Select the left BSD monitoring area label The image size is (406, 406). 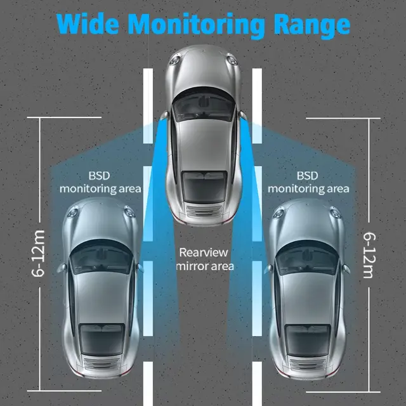click(100, 181)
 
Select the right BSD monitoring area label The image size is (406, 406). click(308, 181)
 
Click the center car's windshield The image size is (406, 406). click(203, 105)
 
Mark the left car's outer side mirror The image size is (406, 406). click(62, 268)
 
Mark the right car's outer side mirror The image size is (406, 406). click(346, 268)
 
